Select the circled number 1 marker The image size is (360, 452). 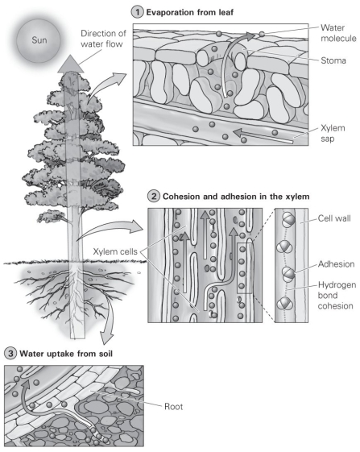click(136, 12)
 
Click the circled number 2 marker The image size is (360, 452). click(153, 195)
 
